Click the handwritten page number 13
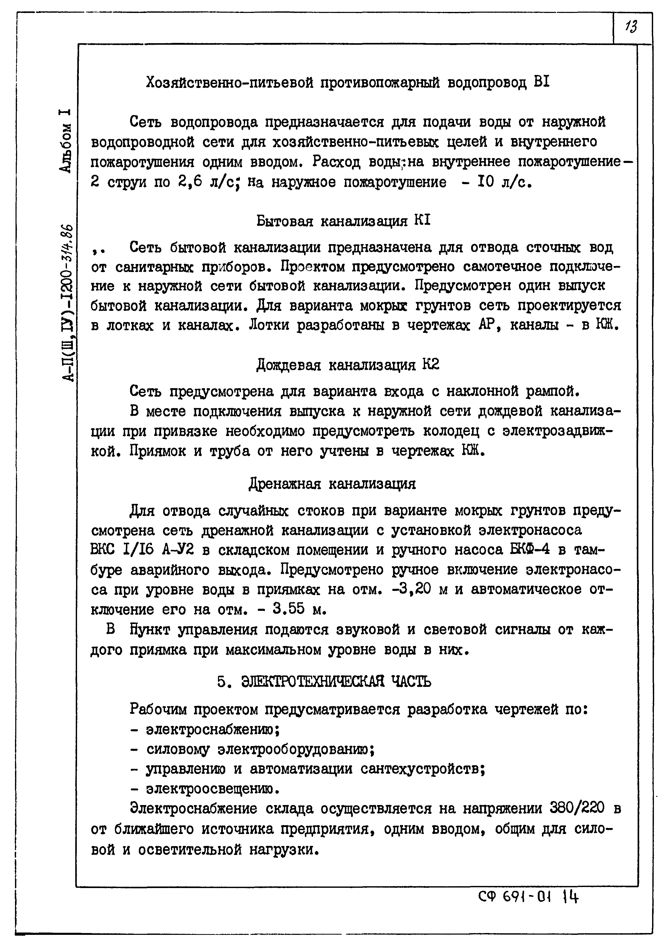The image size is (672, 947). pyautogui.click(x=631, y=27)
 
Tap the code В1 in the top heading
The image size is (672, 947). pyautogui.click(x=541, y=82)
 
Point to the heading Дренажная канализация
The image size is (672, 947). pyautogui.click(x=332, y=483)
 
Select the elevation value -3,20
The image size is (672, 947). pyautogui.click(x=411, y=589)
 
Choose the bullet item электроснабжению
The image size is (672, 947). pyautogui.click(x=213, y=729)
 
